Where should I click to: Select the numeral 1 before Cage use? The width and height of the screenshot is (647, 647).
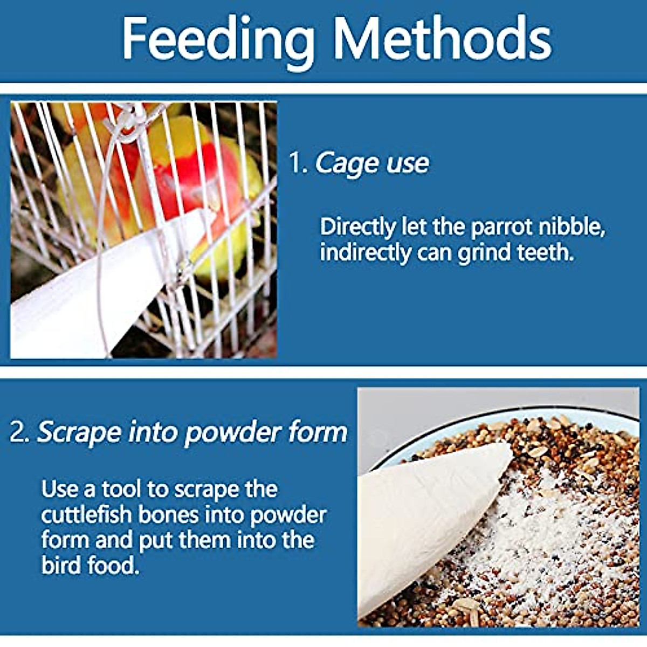pos(297,163)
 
